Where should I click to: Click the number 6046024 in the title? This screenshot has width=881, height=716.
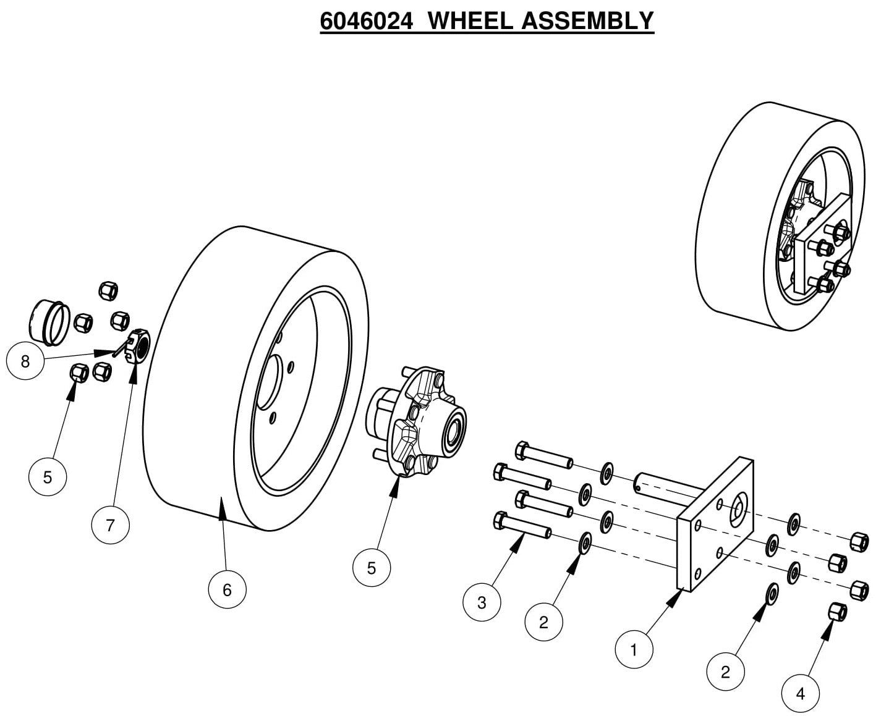(366, 21)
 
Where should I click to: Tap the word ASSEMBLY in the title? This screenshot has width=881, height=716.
(587, 21)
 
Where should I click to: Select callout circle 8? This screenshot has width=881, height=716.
(25, 361)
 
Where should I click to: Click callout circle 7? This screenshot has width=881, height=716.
(110, 525)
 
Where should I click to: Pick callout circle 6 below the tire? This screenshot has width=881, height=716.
(227, 590)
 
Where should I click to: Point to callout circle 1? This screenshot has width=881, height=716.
(634, 650)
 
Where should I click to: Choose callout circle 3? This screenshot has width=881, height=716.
(482, 602)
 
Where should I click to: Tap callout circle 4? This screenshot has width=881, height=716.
(801, 694)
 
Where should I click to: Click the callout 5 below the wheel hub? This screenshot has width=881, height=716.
(372, 568)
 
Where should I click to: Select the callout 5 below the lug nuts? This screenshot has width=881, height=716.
(48, 477)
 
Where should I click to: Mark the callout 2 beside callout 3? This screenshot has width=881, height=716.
(543, 622)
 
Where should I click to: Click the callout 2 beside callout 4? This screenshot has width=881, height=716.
(726, 672)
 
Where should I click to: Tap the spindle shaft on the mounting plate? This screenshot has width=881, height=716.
(668, 485)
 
